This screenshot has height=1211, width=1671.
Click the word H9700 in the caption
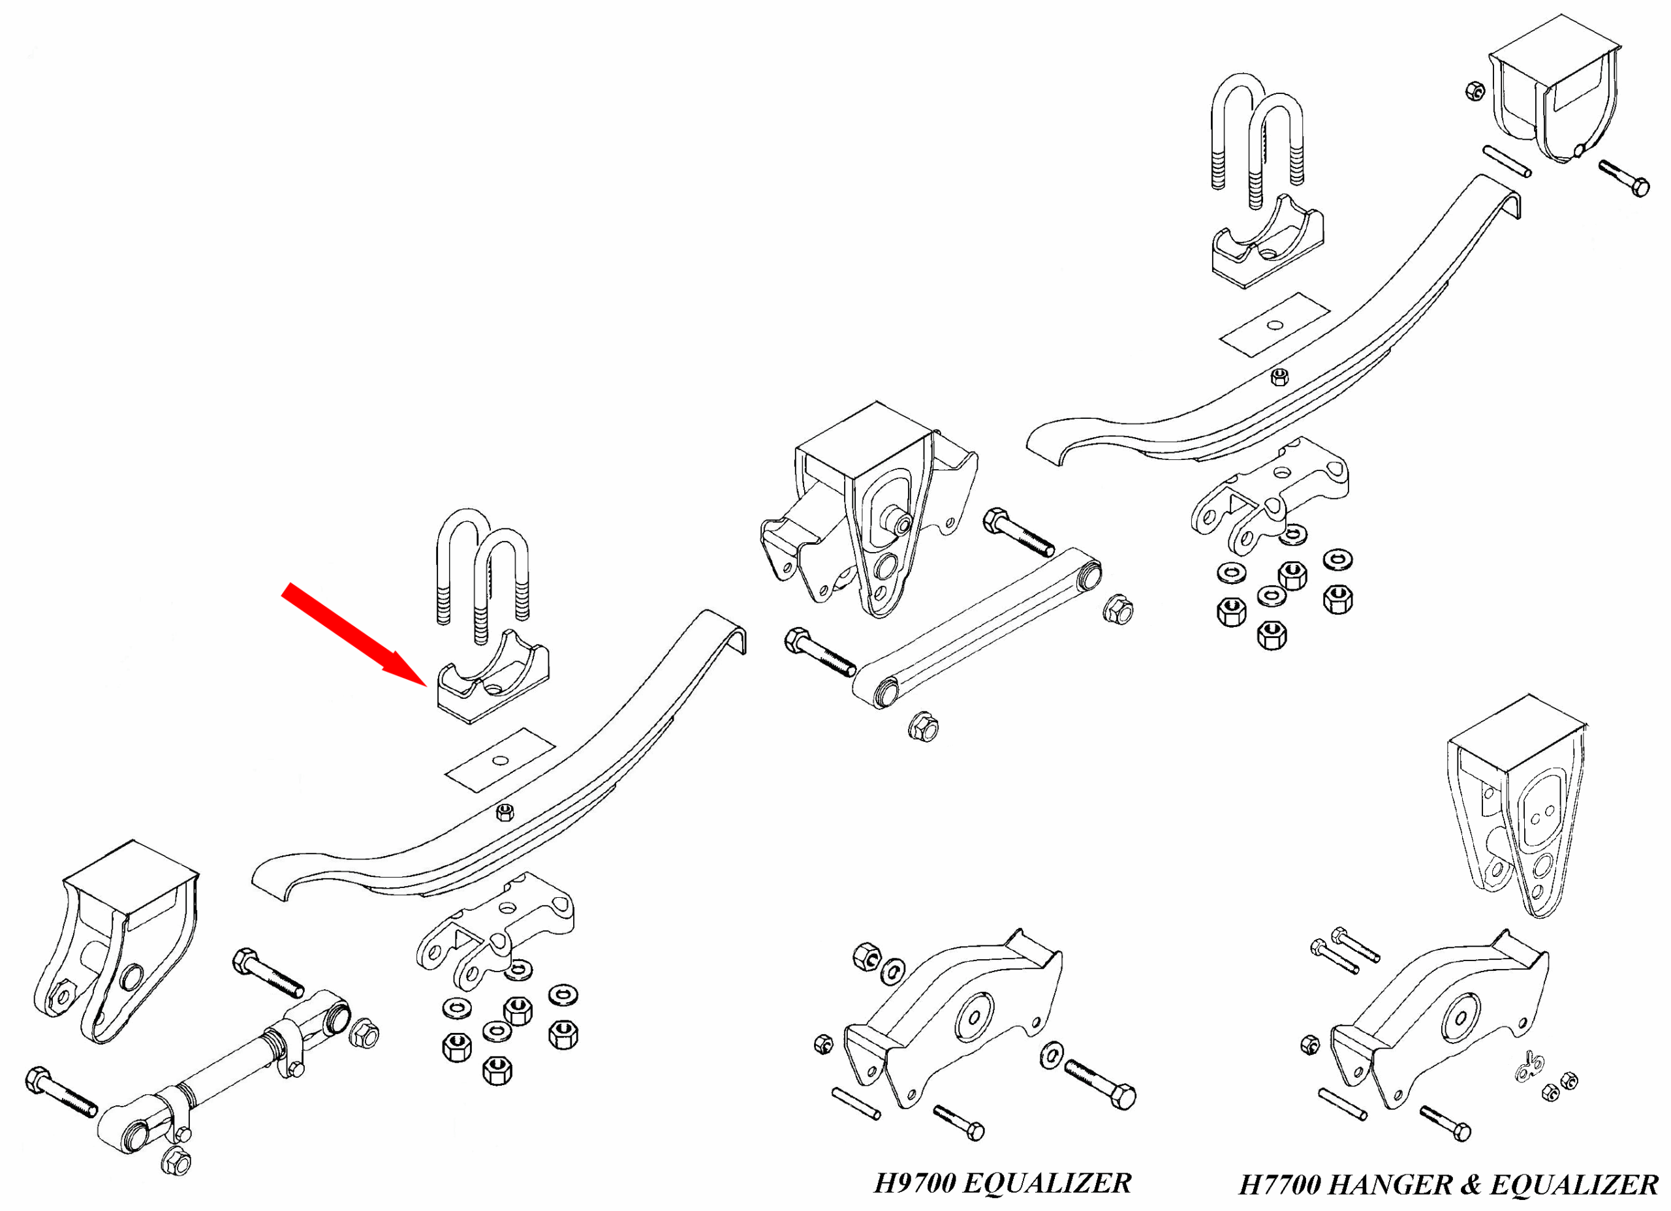(915, 1183)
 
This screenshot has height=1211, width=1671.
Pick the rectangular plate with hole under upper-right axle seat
(1275, 325)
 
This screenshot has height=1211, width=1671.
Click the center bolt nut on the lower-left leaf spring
(505, 812)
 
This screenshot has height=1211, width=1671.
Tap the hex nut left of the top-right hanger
(1475, 91)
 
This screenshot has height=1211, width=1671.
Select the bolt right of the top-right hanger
(1624, 178)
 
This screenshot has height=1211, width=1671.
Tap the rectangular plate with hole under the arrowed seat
(499, 760)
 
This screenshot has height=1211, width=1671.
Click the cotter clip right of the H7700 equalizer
(1529, 1067)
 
